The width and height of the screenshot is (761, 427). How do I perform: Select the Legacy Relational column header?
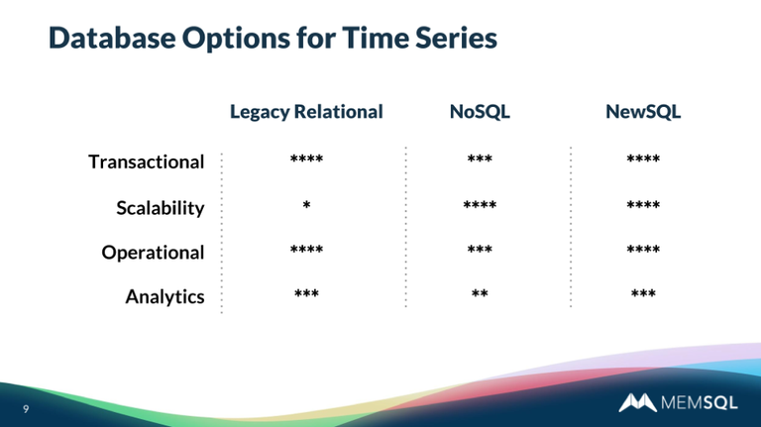coord(306,112)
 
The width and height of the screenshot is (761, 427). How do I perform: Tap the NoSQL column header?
coord(480,112)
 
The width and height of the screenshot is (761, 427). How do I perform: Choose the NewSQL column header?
coord(643,112)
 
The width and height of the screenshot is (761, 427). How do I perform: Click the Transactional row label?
coord(146,161)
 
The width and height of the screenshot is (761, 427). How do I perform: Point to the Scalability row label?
coord(160,208)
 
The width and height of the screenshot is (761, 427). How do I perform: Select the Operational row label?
coord(153,253)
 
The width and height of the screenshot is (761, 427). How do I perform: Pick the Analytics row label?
coord(164,296)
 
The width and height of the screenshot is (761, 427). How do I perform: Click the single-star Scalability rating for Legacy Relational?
coord(306,206)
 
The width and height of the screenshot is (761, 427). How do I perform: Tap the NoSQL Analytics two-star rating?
coord(480,295)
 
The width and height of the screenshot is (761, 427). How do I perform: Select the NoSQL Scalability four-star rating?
coord(480,206)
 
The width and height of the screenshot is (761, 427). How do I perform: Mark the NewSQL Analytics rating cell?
coord(643,295)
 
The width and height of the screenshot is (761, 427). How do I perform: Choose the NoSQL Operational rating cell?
coord(480,251)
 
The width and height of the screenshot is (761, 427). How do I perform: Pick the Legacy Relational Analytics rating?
coord(306,295)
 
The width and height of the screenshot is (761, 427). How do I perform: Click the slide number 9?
coord(26,407)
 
